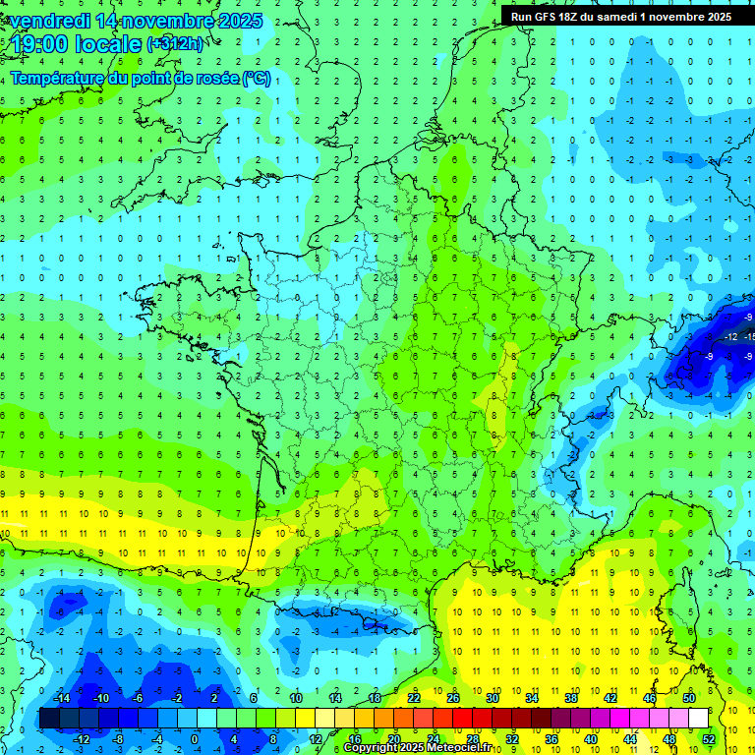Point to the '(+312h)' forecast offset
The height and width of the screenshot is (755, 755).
coord(174,44)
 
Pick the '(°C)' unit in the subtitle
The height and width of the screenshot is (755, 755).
coord(257,78)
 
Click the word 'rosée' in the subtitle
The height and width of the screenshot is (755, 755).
coord(215,78)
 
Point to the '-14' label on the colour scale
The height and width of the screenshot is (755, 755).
coord(61,698)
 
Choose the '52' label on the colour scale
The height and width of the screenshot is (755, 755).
coord(708,739)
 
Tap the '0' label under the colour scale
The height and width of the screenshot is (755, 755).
coord(195,739)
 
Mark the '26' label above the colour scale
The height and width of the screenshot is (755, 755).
coord(453,698)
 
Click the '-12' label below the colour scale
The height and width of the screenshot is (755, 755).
coord(82,739)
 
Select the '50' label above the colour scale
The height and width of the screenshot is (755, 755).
coord(689,698)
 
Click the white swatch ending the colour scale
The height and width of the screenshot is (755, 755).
coord(698,719)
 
